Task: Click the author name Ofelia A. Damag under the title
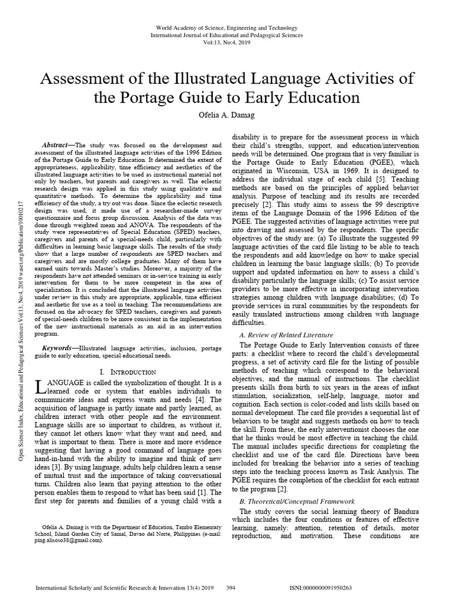click(x=227, y=113)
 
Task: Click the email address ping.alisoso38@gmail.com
click(x=69, y=539)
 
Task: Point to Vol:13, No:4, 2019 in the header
click(x=227, y=43)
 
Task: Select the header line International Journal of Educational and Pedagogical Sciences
click(x=227, y=35)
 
